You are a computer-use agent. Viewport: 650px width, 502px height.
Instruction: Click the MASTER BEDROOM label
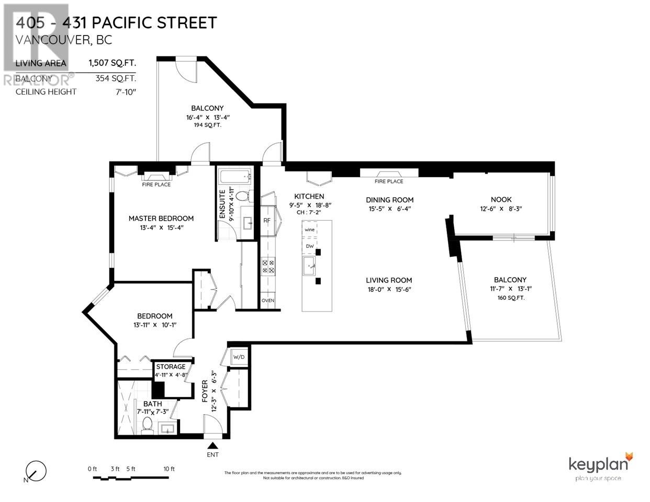point(161,218)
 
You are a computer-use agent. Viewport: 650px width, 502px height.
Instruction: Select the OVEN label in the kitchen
point(267,301)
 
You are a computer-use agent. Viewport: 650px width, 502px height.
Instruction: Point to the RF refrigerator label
point(266,221)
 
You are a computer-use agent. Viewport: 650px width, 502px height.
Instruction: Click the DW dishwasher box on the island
point(309,246)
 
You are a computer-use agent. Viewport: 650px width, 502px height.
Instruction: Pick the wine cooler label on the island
point(310,230)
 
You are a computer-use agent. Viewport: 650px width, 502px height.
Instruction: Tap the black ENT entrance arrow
point(212,446)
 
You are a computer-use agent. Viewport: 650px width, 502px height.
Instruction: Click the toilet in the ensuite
point(241,196)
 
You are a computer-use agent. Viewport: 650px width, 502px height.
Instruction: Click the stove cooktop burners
point(268,267)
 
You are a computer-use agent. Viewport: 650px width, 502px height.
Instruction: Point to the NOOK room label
point(501,199)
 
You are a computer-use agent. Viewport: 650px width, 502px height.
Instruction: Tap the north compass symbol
point(36,471)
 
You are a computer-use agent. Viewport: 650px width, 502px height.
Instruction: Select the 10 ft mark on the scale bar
point(169,469)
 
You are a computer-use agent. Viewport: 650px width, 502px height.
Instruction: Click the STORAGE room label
point(171,367)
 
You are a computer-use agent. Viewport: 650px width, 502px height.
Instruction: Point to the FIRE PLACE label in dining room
point(389,181)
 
